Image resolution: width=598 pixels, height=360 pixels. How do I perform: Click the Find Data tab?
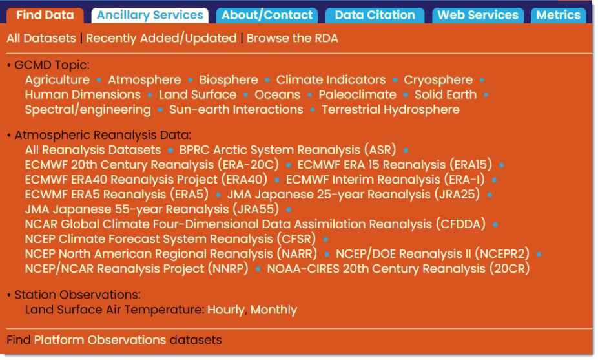pos(45,16)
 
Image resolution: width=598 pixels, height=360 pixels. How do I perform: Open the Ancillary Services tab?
pos(150,16)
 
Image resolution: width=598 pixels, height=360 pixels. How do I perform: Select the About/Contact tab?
pos(267,16)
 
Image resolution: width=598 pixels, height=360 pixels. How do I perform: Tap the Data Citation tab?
pos(375,16)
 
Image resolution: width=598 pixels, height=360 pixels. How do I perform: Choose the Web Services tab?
pos(478,16)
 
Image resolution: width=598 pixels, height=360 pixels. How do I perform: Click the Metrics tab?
pos(559,16)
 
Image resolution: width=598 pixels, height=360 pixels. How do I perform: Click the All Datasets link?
pos(41,38)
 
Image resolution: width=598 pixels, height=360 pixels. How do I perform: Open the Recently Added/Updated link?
pos(161,38)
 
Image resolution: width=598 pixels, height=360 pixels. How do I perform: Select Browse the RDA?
pos(292,38)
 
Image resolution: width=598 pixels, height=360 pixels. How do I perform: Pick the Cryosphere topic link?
pos(438,79)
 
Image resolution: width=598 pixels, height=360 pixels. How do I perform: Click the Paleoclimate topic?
pos(357,94)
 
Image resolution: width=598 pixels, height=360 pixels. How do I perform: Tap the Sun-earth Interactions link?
pos(236,110)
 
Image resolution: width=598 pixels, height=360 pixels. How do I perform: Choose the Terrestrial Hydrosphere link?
pos(391,110)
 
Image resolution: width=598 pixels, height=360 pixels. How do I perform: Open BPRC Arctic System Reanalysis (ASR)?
pos(287,150)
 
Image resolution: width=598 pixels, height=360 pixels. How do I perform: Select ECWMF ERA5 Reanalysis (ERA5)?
pos(117,195)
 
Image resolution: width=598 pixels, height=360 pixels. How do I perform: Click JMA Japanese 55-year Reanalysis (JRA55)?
pos(152,209)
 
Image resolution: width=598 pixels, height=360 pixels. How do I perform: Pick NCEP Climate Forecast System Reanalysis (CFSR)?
pos(170,239)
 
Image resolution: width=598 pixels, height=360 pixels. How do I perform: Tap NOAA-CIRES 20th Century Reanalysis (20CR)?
pos(398,269)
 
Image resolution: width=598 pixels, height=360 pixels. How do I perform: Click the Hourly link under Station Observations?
pos(227,310)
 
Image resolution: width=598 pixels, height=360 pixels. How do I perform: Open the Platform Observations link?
pos(100,340)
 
